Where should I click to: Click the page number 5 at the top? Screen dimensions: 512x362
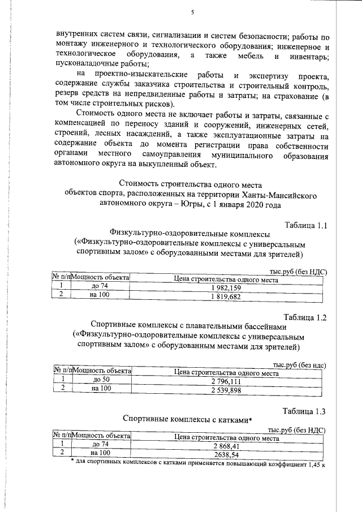click(192, 12)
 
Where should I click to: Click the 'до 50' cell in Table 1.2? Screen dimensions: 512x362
click(102, 382)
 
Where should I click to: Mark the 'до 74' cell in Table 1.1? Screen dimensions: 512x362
click(100, 287)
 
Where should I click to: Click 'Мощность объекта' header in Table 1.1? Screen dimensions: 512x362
click(101, 278)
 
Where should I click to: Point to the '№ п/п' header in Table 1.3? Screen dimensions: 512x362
click(62, 437)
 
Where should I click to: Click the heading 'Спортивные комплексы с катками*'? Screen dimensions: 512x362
click(187, 419)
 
